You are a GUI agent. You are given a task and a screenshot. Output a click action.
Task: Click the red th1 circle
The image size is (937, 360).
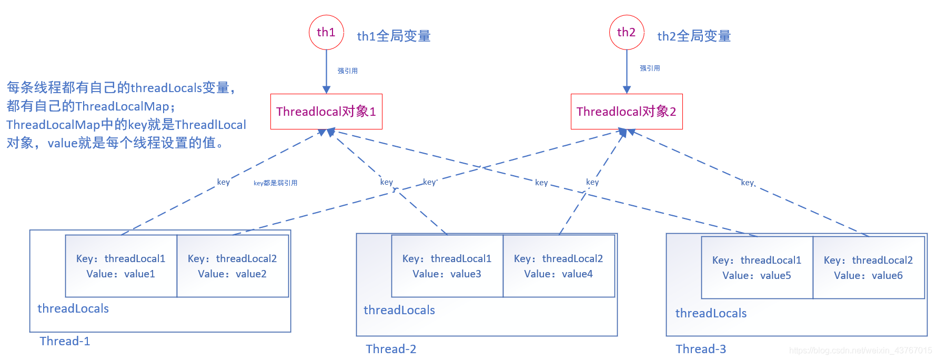pyautogui.click(x=326, y=33)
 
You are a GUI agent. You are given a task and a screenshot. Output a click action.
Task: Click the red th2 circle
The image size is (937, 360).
pyautogui.click(x=627, y=33)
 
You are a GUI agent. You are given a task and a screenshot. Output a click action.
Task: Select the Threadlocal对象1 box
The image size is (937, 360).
pyautogui.click(x=326, y=112)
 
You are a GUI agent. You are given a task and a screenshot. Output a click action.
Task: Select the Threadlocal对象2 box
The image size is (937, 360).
pyautogui.click(x=627, y=112)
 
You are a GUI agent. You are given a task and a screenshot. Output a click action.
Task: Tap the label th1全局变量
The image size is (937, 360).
pyautogui.click(x=394, y=36)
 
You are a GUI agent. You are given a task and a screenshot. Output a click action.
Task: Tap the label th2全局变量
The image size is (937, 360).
pyautogui.click(x=694, y=36)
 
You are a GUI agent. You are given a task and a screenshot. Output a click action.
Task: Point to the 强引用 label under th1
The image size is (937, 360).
pyautogui.click(x=348, y=71)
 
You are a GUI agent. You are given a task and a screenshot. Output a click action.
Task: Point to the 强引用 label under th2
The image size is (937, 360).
pyautogui.click(x=650, y=68)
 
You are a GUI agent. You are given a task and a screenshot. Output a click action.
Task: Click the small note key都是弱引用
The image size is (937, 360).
pyautogui.click(x=275, y=183)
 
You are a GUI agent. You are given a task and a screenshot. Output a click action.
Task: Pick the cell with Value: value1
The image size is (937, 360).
pyautogui.click(x=121, y=266)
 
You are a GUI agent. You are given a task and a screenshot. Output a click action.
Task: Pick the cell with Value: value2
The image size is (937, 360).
pyautogui.click(x=233, y=266)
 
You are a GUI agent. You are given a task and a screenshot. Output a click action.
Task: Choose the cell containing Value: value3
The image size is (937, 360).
pyautogui.click(x=447, y=266)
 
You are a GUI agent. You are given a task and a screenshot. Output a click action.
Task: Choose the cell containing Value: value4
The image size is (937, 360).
pyautogui.click(x=559, y=266)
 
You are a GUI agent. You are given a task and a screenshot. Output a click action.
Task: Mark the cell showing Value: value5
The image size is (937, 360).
pyautogui.click(x=757, y=268)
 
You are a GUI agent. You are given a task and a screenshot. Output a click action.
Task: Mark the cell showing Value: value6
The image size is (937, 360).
pyautogui.click(x=869, y=268)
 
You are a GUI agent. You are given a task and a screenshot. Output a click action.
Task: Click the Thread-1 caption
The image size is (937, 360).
pyautogui.click(x=65, y=342)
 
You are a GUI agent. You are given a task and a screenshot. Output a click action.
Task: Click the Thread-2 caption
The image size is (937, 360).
pyautogui.click(x=391, y=349)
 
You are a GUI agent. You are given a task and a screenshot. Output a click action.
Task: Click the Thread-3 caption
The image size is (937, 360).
pyautogui.click(x=701, y=349)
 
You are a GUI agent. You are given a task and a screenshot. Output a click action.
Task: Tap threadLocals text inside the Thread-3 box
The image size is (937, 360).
pyautogui.click(x=711, y=314)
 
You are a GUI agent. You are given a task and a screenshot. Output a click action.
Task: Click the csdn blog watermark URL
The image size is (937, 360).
pyautogui.click(x=860, y=351)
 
